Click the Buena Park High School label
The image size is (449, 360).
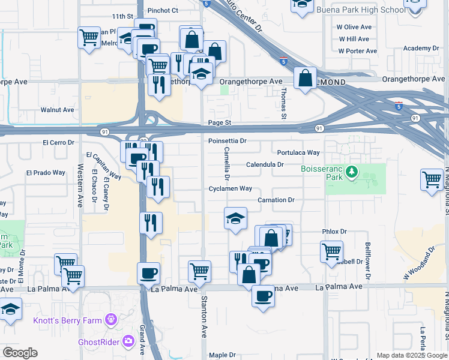(x=360, y=10)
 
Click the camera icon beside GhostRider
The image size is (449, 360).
(x=128, y=341)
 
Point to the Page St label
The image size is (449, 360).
(x=219, y=122)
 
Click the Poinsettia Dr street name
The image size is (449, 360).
(x=228, y=141)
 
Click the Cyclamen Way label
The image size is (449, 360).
(x=231, y=188)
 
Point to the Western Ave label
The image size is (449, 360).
(x=80, y=185)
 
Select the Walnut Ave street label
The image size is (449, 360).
(x=57, y=110)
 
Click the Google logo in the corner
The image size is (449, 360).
(x=20, y=353)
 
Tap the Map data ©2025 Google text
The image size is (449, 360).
(x=411, y=355)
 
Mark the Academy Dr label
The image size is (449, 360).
(x=421, y=48)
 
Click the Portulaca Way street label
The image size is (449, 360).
(x=298, y=152)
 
